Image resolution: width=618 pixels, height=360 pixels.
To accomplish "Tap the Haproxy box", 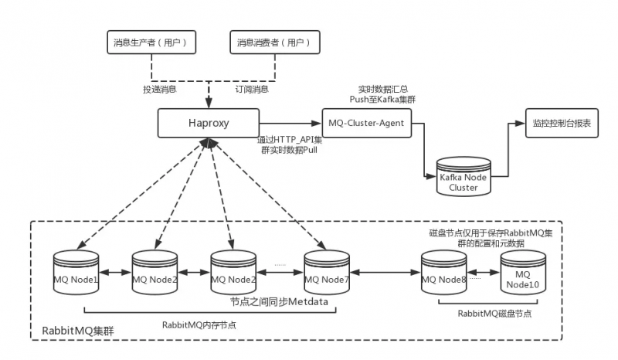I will pyautogui.click(x=207, y=123).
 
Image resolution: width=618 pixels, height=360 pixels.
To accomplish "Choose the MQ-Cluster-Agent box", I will pyautogui.click(x=366, y=123).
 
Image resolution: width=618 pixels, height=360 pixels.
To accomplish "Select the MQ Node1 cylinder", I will pyautogui.click(x=75, y=273).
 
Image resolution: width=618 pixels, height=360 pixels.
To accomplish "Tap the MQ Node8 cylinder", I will pyautogui.click(x=443, y=273).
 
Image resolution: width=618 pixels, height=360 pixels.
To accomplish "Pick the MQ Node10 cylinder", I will pyautogui.click(x=521, y=274).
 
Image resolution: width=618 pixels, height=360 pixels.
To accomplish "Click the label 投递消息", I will pyautogui.click(x=160, y=90).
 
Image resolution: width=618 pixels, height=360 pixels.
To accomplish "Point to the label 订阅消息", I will pyautogui.click(x=252, y=90).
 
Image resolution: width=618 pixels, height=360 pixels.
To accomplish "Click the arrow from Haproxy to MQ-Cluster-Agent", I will pyautogui.click(x=289, y=123).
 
